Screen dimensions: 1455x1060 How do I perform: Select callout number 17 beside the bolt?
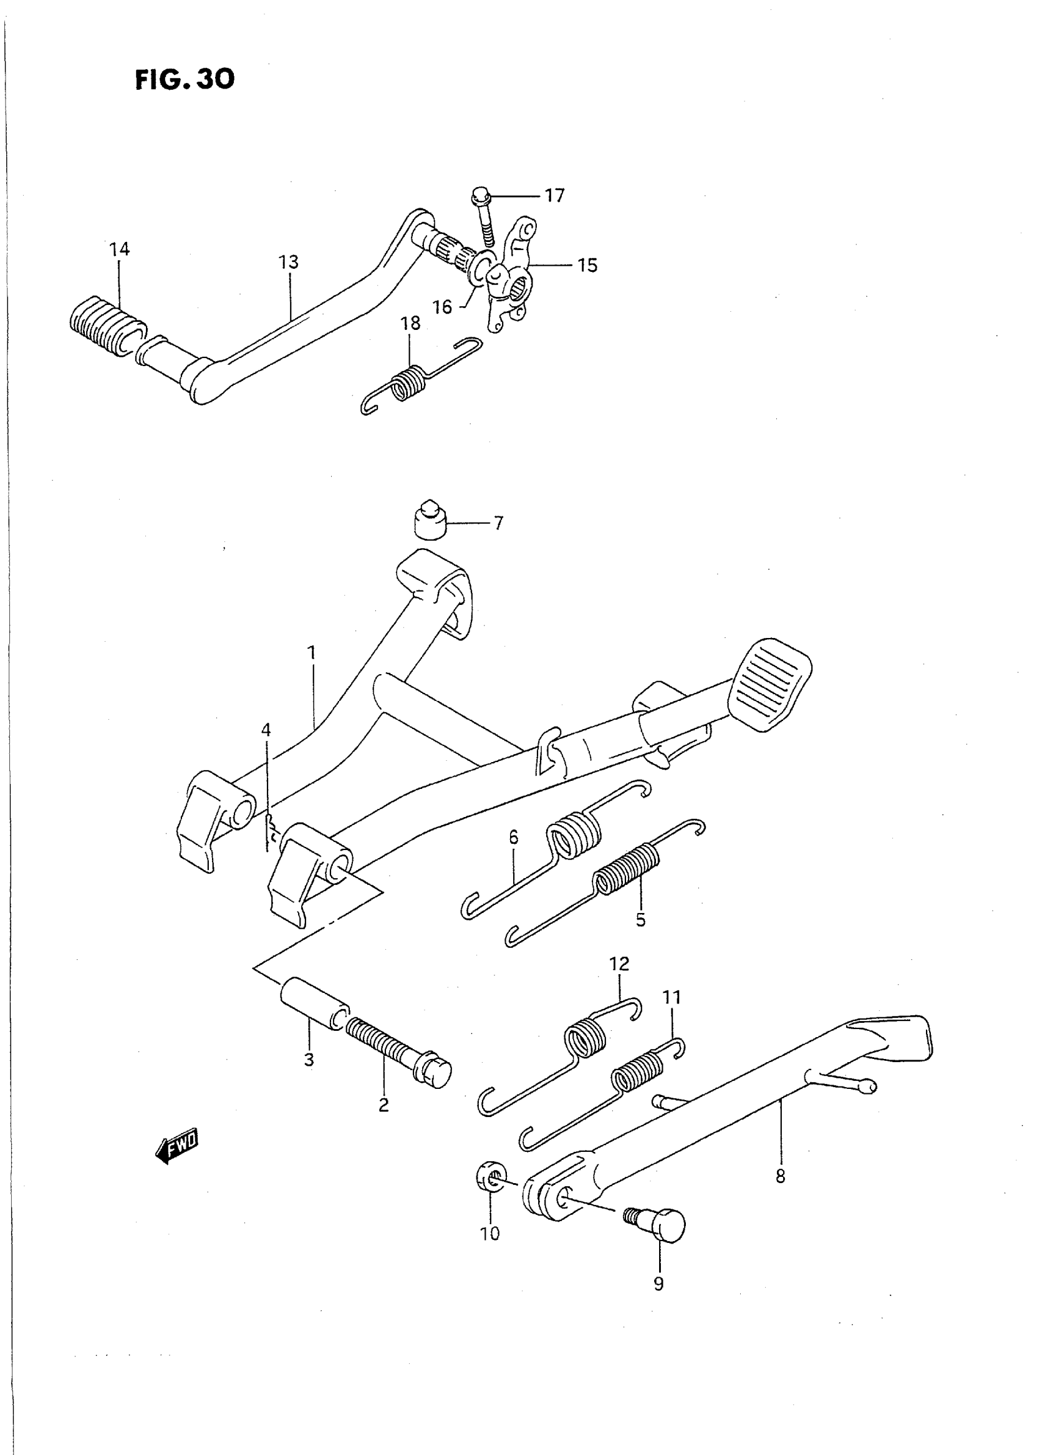[x=554, y=195]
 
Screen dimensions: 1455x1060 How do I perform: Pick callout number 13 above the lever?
[x=289, y=262]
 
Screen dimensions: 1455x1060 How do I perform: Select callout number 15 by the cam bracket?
[x=587, y=265]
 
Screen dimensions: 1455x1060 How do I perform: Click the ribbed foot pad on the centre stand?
[x=770, y=684]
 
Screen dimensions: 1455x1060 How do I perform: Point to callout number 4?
[x=266, y=730]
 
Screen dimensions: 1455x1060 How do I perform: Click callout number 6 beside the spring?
[x=513, y=838]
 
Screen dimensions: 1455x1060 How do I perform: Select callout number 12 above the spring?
[x=619, y=964]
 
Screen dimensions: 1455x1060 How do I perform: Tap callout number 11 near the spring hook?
[x=672, y=997]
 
